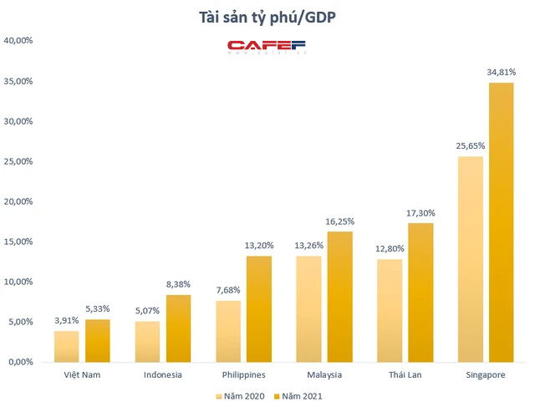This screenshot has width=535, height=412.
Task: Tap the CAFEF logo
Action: (x=267, y=47)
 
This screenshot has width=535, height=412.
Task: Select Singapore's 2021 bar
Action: (x=501, y=222)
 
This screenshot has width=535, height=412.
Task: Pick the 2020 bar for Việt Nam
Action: (x=67, y=346)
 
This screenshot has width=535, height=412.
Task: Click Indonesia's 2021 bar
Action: (x=178, y=328)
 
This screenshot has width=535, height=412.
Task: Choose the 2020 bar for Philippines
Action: (x=228, y=331)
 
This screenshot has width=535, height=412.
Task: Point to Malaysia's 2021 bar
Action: (x=339, y=297)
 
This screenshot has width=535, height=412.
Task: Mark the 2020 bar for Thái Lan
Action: (x=390, y=310)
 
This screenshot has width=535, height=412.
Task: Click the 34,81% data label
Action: (x=502, y=74)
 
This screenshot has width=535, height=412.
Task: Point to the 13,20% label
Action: (x=259, y=247)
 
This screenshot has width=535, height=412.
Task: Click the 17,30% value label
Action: (x=420, y=214)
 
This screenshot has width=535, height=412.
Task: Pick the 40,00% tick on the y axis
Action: (x=19, y=40)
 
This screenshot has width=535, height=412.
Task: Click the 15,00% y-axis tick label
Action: (x=19, y=242)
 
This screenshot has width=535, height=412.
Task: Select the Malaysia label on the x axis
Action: (x=323, y=374)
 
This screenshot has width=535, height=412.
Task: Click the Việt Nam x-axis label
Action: (x=82, y=374)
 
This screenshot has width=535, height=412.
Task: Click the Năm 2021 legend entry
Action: (x=296, y=398)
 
